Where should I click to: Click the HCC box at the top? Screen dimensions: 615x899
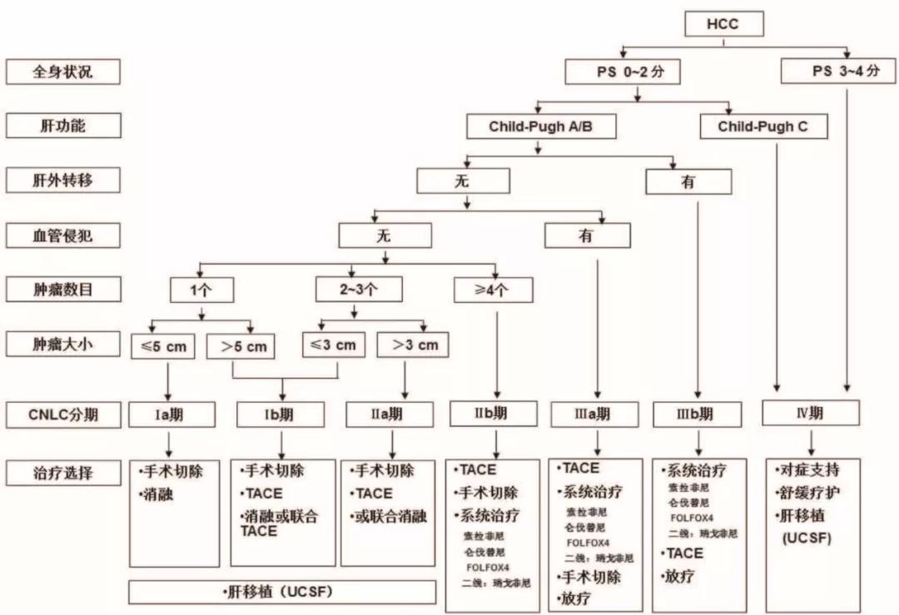[x=723, y=24]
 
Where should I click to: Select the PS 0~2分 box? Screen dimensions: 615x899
[x=620, y=72]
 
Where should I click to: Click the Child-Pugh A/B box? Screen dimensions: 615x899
[x=541, y=126]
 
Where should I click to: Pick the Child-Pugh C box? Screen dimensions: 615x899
[x=762, y=126]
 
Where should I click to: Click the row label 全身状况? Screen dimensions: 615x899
[x=63, y=72]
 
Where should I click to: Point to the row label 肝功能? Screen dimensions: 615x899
[x=63, y=126]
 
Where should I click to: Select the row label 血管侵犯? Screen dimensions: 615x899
[x=63, y=236]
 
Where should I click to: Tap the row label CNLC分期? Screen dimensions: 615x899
[x=63, y=412]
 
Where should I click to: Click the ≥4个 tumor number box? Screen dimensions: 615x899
[x=494, y=290]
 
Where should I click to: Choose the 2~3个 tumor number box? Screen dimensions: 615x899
[x=359, y=290]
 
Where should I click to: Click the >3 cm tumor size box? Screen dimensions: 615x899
[x=407, y=345]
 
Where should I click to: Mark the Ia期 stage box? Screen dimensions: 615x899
[x=171, y=414]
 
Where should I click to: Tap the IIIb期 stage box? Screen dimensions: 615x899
[x=697, y=414]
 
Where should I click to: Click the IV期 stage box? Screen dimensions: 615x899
[x=811, y=413]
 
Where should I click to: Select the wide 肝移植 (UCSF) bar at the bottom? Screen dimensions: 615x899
[x=282, y=592]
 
